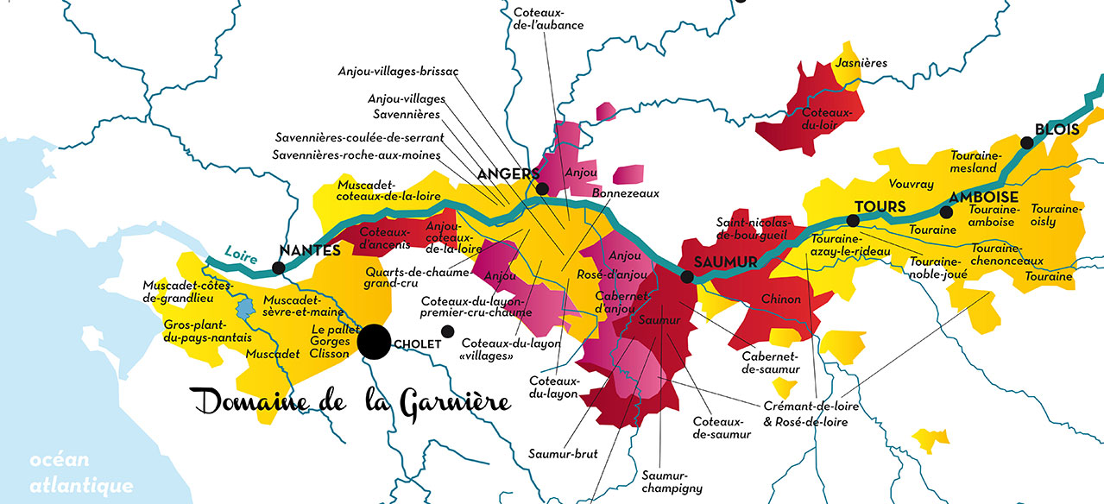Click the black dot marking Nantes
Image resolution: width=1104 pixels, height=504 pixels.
(x=278, y=268)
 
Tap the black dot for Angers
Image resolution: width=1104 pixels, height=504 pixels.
(x=542, y=189)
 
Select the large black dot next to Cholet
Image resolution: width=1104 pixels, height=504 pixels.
(x=374, y=341)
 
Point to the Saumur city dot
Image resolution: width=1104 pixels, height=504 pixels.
(x=687, y=277)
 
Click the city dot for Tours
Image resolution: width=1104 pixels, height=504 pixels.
(x=853, y=221)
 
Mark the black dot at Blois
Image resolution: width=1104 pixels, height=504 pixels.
(x=1027, y=143)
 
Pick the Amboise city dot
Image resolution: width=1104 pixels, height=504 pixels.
(x=946, y=211)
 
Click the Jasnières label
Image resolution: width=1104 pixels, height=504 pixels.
(x=861, y=63)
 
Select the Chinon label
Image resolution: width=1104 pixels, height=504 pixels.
(x=780, y=299)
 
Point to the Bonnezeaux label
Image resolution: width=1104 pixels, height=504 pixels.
(x=626, y=193)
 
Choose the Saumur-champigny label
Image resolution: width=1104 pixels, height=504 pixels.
(x=672, y=482)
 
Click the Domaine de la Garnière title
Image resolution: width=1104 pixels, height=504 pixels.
(x=350, y=400)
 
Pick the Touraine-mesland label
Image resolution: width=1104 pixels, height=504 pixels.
(x=974, y=161)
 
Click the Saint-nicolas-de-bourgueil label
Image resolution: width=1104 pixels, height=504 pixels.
(x=753, y=228)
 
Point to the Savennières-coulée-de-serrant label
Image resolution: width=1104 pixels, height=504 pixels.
(x=359, y=137)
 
